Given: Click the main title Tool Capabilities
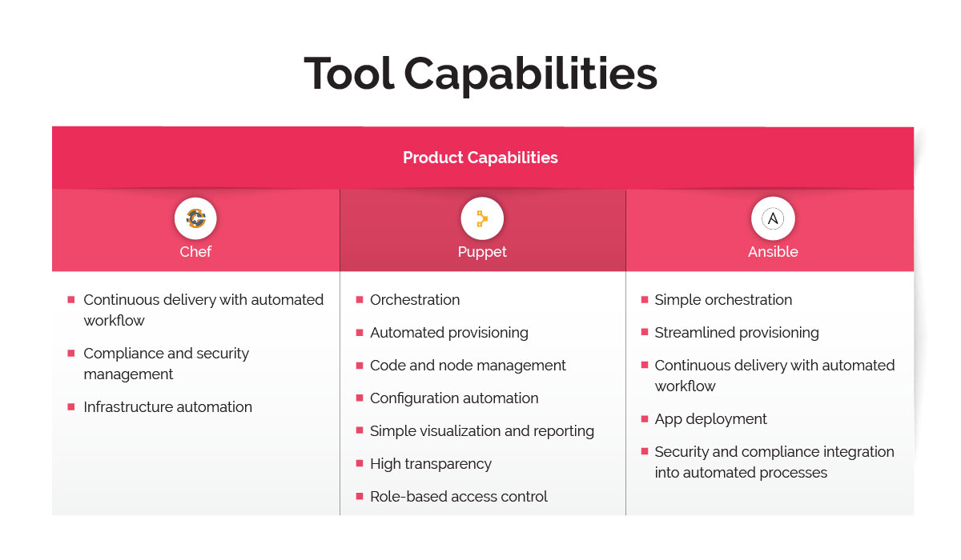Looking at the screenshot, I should point(480,74).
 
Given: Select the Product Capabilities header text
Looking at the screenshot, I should point(480,158).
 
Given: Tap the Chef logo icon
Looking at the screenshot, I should point(195,218).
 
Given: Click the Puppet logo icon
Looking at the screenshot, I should point(482,218).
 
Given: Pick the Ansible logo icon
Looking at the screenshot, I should point(773,218).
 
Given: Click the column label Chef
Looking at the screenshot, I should point(195,252).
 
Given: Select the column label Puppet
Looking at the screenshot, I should point(482,252).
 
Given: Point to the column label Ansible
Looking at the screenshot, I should point(773,252).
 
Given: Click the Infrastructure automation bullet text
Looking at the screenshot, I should point(167,407).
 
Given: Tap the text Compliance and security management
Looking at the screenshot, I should point(166,364).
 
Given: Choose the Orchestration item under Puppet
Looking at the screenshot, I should point(415,300).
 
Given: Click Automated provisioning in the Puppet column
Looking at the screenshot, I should point(449,333).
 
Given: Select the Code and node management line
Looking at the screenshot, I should point(468,366).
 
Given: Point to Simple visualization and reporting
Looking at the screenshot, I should point(482,431).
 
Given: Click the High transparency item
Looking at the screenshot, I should point(431,464).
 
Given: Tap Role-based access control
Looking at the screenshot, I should point(459,497).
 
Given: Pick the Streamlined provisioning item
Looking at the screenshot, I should point(737,333).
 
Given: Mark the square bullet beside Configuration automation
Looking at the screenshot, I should point(360,398).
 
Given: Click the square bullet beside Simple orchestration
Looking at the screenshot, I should point(645,299).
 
